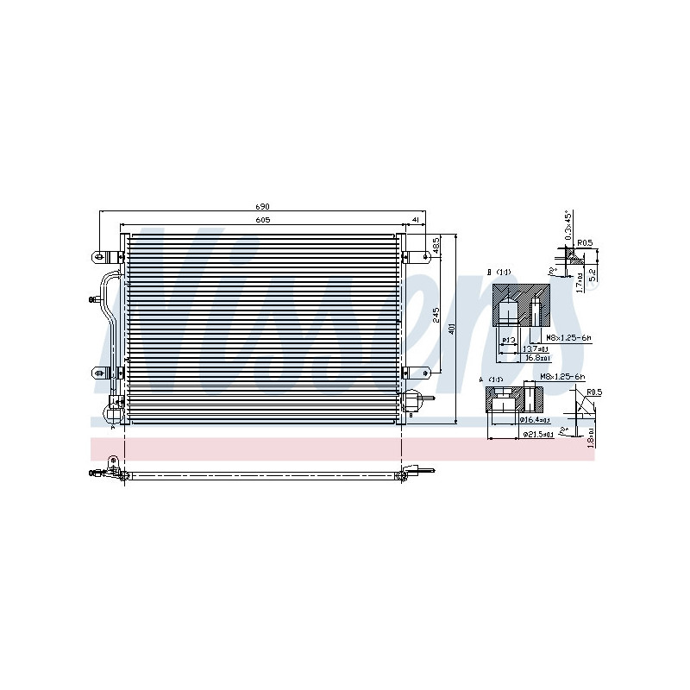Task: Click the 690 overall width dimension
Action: (x=262, y=207)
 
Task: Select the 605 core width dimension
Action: (x=262, y=221)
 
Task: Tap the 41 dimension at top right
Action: (x=415, y=221)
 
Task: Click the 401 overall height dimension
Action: (x=453, y=330)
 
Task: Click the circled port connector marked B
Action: (x=413, y=401)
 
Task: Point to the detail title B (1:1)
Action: (x=499, y=273)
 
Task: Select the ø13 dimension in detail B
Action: (x=509, y=339)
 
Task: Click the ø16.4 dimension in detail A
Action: (x=534, y=420)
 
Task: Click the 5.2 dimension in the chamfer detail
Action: (x=592, y=274)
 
